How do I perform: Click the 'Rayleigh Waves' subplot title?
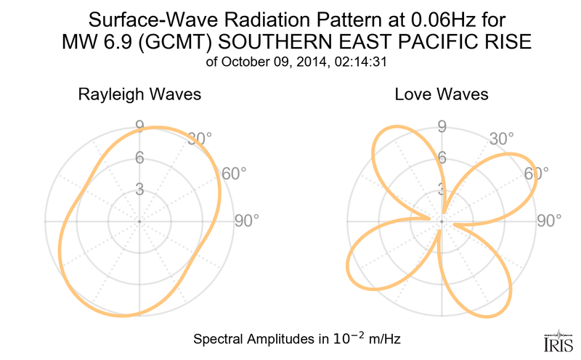click(139, 95)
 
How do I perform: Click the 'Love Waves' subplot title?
click(441, 95)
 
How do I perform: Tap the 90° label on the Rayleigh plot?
click(246, 221)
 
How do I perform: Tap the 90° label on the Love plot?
click(550, 221)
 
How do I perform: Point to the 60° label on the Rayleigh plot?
click(234, 173)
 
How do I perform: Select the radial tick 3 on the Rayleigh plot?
click(138, 189)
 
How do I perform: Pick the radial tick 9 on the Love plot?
click(440, 127)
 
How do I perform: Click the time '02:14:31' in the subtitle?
click(358, 62)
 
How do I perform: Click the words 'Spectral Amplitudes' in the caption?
click(250, 339)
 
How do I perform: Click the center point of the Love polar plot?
click(441, 221)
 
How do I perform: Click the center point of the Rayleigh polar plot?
click(139, 221)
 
